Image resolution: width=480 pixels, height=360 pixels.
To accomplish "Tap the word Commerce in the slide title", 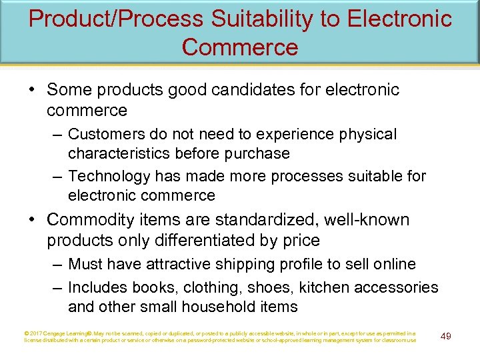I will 239,47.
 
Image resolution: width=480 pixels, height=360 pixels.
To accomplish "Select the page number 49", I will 446,336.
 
